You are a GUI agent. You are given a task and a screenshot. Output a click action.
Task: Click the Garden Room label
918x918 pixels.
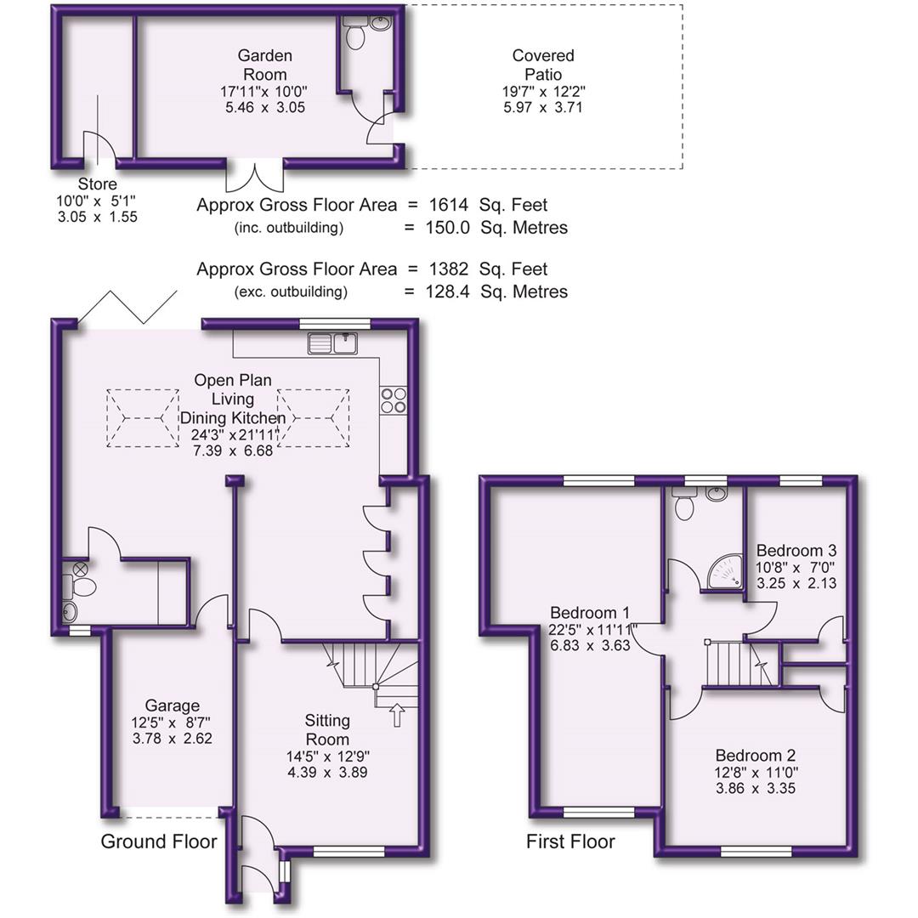(x=263, y=65)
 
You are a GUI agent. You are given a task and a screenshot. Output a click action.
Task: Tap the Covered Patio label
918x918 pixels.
(x=543, y=65)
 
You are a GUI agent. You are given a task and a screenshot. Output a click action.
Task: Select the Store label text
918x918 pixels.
(x=97, y=184)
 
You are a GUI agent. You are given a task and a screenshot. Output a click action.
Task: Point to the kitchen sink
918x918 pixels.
(x=335, y=343)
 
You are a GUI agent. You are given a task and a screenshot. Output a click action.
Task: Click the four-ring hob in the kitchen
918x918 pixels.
(x=393, y=399)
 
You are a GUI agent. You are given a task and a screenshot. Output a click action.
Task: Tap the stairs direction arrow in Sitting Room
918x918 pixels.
(x=396, y=715)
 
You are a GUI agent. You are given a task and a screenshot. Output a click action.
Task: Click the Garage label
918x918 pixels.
(x=172, y=705)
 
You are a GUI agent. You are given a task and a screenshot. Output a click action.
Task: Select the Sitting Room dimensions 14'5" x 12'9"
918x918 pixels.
(x=327, y=756)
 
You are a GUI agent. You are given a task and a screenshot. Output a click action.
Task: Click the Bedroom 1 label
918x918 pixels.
(x=589, y=613)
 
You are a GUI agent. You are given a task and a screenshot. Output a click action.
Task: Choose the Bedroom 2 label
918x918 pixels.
(x=756, y=755)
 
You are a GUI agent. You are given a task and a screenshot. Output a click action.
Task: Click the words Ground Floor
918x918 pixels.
(x=158, y=841)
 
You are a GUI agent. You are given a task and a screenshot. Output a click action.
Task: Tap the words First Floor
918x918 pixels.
(x=570, y=842)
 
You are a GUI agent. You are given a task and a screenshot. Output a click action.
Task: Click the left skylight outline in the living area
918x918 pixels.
(x=143, y=418)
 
